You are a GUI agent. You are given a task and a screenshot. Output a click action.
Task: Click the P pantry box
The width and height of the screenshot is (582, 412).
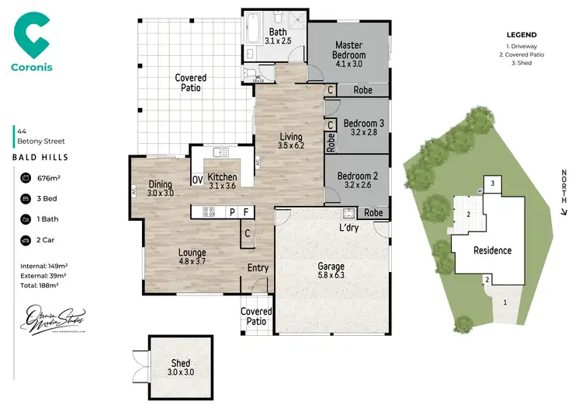click(x=231, y=211)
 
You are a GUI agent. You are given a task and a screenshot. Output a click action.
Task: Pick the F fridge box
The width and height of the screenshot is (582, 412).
click(x=247, y=211)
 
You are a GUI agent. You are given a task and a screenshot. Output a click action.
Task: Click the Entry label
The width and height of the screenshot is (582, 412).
click(x=258, y=268)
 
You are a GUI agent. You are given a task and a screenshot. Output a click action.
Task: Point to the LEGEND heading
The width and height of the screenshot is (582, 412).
click(x=521, y=36)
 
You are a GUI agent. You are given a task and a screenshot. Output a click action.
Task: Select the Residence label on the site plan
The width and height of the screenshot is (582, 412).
click(x=493, y=250)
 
